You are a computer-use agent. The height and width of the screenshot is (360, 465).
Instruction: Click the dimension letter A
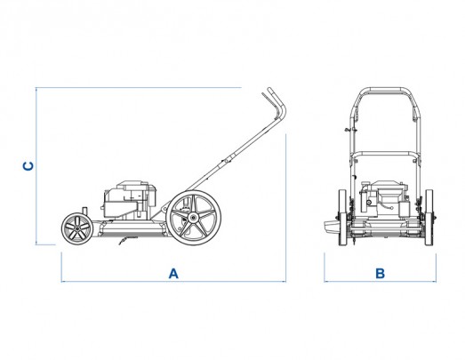(173, 274)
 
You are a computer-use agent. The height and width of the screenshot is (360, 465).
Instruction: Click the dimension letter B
(380, 274)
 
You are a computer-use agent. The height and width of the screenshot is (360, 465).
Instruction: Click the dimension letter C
(28, 166)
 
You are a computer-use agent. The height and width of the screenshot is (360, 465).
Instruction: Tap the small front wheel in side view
(77, 228)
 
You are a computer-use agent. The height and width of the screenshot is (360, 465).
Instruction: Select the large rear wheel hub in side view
(193, 218)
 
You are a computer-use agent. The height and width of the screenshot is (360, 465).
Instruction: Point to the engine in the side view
(130, 199)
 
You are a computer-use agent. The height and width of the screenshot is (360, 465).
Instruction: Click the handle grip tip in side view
(269, 89)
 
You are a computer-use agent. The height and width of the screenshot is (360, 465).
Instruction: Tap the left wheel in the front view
(342, 218)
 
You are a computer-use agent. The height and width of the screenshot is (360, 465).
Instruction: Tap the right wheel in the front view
(429, 218)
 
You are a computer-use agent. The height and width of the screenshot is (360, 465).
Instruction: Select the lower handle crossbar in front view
(385, 154)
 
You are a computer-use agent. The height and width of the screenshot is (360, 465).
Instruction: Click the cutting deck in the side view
(132, 228)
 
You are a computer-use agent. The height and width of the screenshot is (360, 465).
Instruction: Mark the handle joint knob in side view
(228, 159)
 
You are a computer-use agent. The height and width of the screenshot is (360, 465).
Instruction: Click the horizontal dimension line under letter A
(173, 281)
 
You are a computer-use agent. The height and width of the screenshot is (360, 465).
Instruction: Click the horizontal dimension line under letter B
(381, 281)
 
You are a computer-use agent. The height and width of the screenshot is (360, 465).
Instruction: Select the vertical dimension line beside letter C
(36, 166)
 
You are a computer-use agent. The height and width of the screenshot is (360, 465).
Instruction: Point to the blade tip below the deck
(120, 244)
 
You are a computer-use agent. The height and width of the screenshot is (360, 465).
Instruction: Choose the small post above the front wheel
(84, 211)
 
